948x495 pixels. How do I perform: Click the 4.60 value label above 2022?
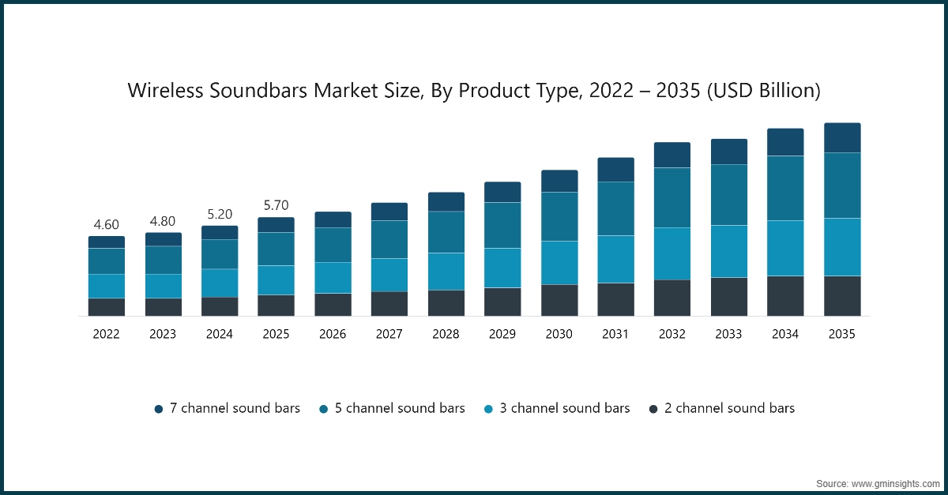click(x=106, y=225)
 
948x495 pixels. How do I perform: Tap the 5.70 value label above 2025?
click(x=276, y=206)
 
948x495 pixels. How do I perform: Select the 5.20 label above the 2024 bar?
click(x=219, y=215)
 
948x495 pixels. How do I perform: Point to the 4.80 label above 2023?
click(x=163, y=221)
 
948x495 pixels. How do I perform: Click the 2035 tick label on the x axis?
click(x=842, y=334)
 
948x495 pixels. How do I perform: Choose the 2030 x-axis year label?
click(x=559, y=334)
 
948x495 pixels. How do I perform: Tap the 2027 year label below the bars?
click(x=389, y=334)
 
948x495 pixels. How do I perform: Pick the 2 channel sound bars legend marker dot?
click(x=653, y=409)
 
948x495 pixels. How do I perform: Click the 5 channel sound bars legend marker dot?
click(x=324, y=409)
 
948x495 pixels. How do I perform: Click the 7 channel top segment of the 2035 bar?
click(x=842, y=138)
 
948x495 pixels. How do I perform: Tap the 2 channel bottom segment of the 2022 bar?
click(x=106, y=307)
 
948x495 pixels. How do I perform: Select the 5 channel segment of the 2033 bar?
click(x=728, y=195)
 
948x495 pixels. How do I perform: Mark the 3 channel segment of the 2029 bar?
click(x=502, y=268)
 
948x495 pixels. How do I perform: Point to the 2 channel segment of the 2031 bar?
click(x=615, y=299)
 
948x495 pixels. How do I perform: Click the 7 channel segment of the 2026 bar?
click(x=333, y=219)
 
